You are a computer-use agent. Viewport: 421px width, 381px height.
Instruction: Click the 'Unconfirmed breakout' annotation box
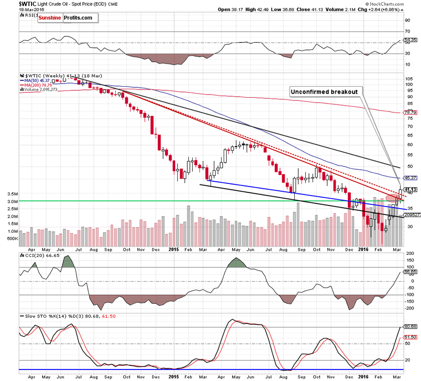(324, 91)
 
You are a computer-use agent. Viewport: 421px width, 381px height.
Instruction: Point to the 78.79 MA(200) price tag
(410, 112)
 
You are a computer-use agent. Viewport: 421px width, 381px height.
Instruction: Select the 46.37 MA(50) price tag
(410, 178)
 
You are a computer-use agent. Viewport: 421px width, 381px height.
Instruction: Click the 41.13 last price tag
(410, 190)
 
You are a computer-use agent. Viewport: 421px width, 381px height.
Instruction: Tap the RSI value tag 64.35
(410, 40)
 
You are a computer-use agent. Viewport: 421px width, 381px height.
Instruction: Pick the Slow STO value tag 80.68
(410, 327)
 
